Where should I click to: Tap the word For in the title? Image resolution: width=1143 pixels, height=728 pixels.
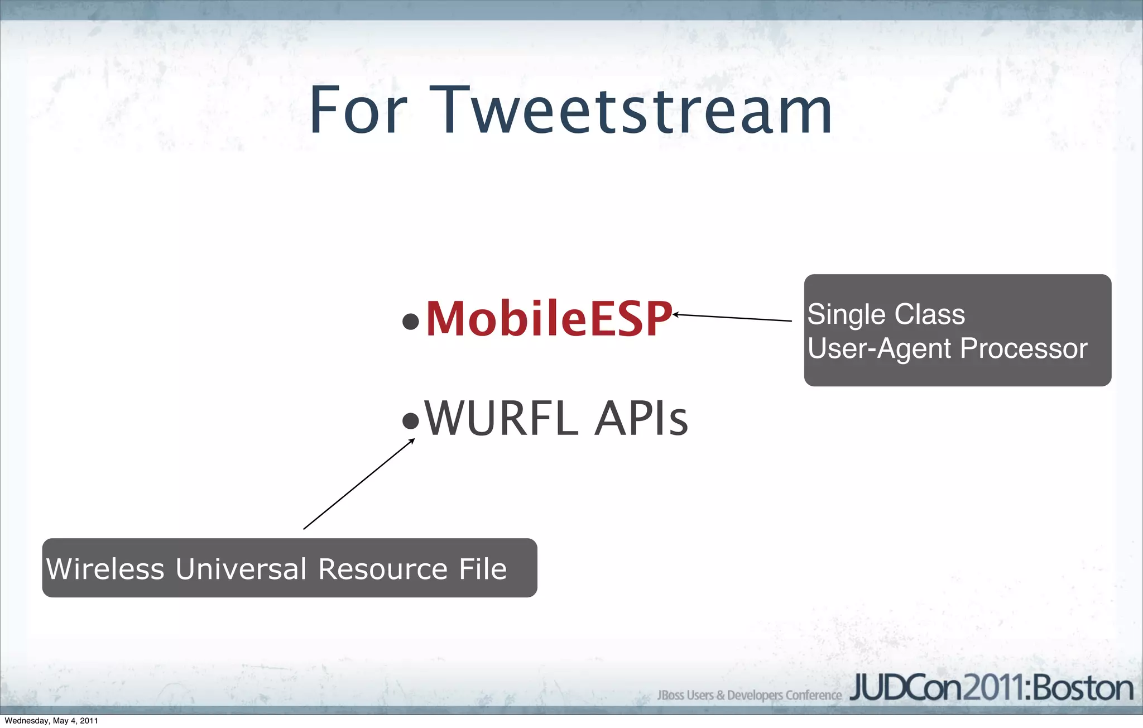pos(358,110)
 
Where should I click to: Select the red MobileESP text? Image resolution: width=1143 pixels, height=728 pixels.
pos(549,318)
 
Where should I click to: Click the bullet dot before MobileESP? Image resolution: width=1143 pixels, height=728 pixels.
pos(411,321)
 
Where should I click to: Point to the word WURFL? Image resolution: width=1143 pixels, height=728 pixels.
pos(501,418)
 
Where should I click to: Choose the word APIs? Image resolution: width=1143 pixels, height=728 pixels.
pos(641,418)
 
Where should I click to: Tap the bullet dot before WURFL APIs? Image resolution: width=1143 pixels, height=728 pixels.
pos(411,420)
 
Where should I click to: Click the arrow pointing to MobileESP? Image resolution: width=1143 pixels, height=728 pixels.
pos(732,318)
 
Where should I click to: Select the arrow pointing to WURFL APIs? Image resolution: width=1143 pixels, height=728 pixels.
pos(358,484)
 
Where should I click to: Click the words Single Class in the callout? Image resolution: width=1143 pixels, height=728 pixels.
pos(886,314)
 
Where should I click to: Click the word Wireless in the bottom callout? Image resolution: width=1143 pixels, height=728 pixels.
pos(105,569)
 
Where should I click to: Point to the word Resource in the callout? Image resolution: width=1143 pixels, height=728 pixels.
pos(383,569)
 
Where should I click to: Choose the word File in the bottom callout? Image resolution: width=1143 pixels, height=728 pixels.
pos(483,569)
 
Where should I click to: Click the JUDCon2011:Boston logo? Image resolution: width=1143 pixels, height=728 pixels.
pos(991,688)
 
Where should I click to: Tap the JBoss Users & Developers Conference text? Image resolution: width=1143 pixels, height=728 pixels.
pos(749,695)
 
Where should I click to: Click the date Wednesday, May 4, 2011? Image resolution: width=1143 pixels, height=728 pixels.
pos(51,721)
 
